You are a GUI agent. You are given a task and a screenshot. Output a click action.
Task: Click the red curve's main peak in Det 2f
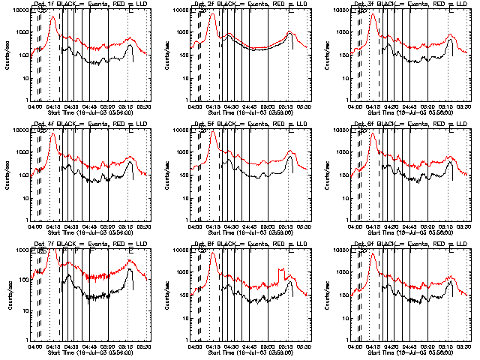[212, 14]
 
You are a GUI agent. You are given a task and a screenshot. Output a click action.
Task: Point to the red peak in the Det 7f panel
[53, 253]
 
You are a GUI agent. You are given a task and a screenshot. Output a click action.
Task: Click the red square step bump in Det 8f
[282, 271]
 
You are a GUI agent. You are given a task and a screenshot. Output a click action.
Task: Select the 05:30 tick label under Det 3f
[465, 105]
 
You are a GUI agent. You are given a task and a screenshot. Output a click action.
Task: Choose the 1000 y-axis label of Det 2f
[183, 32]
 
